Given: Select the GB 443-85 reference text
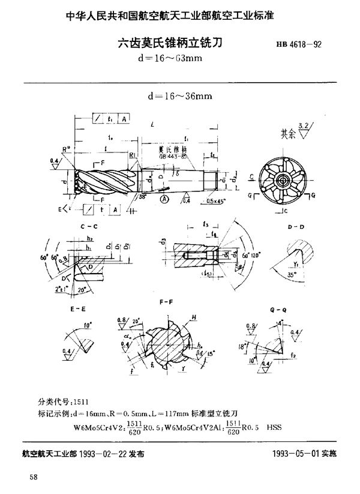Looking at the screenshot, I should pos(170,154).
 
